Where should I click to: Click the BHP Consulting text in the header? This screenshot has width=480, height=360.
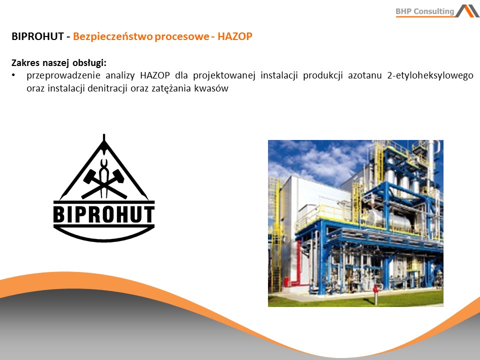[x=424, y=11]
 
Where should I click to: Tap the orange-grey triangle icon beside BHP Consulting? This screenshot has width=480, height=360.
[x=467, y=10]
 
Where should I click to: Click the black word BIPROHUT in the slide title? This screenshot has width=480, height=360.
[x=37, y=36]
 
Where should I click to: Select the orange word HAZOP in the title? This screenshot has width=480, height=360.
[x=235, y=36]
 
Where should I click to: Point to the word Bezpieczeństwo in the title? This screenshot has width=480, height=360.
[x=113, y=36]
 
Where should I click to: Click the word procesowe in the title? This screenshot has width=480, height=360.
[x=181, y=37]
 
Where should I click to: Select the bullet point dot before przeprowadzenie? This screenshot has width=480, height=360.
[x=13, y=75]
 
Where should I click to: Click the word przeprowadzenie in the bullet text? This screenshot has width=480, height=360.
[x=63, y=75]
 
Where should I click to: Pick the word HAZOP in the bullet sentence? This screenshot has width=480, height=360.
[x=155, y=75]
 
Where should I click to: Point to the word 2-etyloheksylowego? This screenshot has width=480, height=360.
[x=430, y=75]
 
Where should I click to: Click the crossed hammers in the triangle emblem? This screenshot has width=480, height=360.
[x=104, y=183]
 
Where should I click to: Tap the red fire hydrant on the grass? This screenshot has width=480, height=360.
[x=376, y=294]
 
